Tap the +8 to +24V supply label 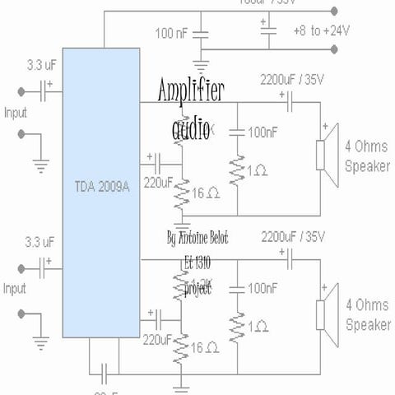point(321,30)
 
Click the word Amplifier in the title point(191,91)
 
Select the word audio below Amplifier point(191,129)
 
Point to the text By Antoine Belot point(197,238)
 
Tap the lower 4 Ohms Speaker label point(368,317)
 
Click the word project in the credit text point(198,290)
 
